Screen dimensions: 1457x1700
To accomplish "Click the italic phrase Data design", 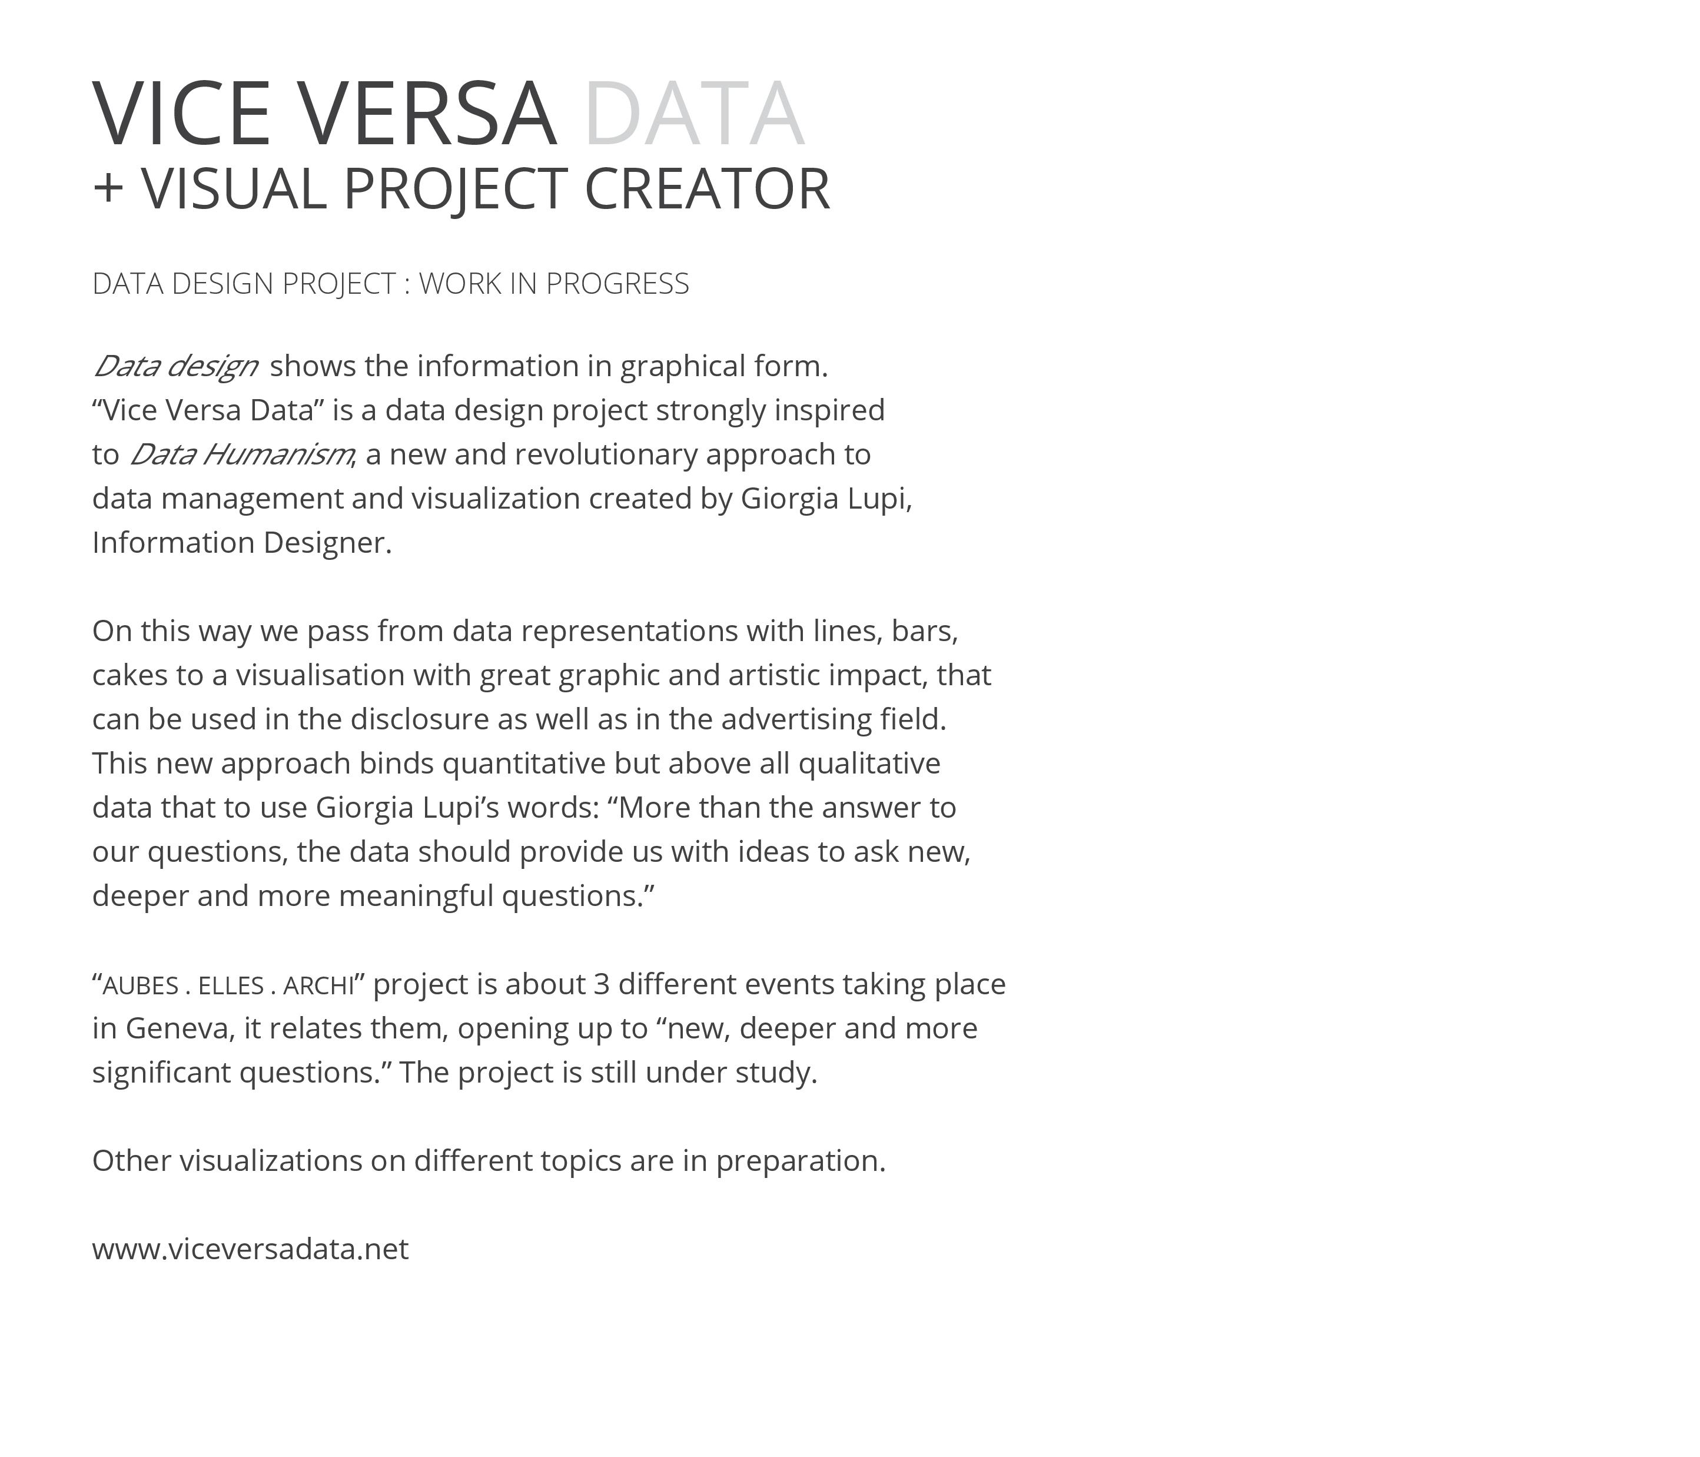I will coord(175,366).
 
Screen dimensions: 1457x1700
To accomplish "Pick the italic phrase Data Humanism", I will coord(241,454).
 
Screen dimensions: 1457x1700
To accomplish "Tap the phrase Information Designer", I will coord(241,543).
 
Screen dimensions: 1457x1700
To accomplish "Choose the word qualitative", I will coord(869,764).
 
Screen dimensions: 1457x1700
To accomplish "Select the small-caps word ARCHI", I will coord(318,985).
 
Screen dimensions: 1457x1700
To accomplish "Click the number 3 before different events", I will coord(602,984).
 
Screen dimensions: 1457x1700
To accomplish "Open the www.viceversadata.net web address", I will coord(250,1249).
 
